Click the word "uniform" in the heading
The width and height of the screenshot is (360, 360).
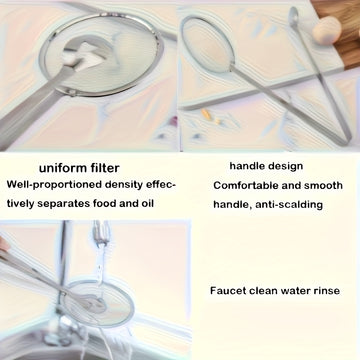pyautogui.click(x=59, y=168)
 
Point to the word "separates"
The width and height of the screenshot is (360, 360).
pyautogui.click(x=63, y=203)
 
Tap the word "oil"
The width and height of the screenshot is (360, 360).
pyautogui.click(x=146, y=203)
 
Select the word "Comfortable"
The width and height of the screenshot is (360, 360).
pyautogui.click(x=246, y=186)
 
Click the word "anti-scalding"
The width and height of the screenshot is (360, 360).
pyautogui.click(x=289, y=205)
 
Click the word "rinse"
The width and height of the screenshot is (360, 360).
pyautogui.click(x=326, y=291)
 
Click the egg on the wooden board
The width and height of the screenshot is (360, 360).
pyautogui.click(x=327, y=30)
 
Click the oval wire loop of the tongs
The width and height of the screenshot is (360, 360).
pyautogui.click(x=206, y=43)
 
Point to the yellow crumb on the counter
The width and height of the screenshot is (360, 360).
pyautogui.click(x=206, y=114)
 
